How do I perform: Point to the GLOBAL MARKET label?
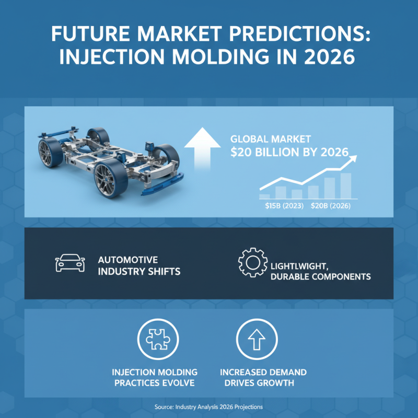pos(271,139)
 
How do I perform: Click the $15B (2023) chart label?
pos(282,206)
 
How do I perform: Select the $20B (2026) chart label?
pos(330,206)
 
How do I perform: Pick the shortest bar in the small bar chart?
pos(264,196)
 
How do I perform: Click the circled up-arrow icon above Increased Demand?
pos(256,339)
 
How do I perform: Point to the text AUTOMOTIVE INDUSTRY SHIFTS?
pos(138,265)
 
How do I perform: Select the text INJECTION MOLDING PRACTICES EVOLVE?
pos(155,377)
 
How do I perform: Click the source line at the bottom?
pos(208,406)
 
